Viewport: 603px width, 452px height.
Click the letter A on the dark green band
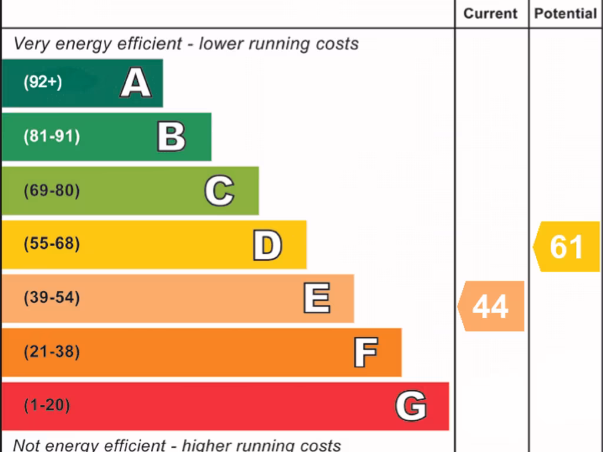pos(135,82)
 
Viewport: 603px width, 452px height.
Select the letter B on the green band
pos(171,137)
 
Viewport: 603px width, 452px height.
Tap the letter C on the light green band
pos(219,191)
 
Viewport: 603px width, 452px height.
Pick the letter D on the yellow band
pos(267,245)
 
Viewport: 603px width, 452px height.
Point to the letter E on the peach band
pos(317,298)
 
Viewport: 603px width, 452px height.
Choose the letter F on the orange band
pos(366,353)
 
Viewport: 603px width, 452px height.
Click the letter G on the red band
pos(411,406)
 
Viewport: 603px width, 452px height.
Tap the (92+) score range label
pos(42,82)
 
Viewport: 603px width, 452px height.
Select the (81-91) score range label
pos(51,137)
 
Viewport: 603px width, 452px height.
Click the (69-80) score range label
pos(51,191)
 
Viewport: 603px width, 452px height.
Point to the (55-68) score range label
pos(51,244)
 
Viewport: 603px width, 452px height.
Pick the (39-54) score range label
pos(51,298)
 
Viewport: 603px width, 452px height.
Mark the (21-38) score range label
pos(51,352)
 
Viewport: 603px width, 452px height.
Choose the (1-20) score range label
pos(47,406)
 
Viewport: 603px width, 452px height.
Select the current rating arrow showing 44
pos(491,306)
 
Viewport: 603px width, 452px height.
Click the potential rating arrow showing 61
pos(566,247)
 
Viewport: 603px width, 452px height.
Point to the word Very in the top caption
pos(30,44)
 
